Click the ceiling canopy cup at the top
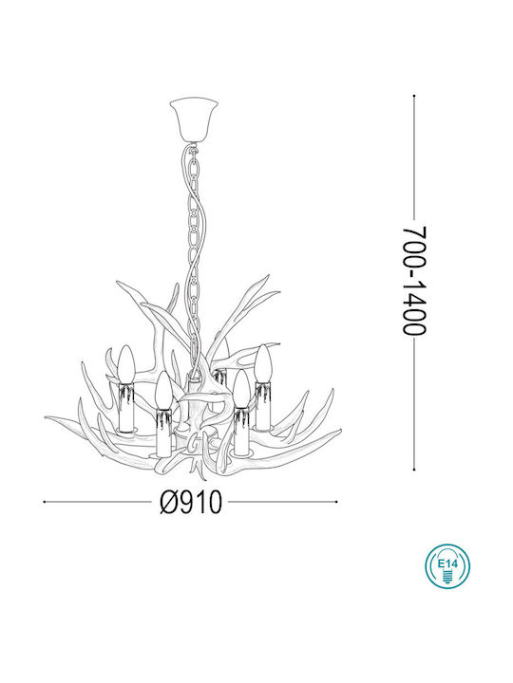pos(196,115)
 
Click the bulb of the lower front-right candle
pos(242,386)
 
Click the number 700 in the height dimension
pos(411,247)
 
